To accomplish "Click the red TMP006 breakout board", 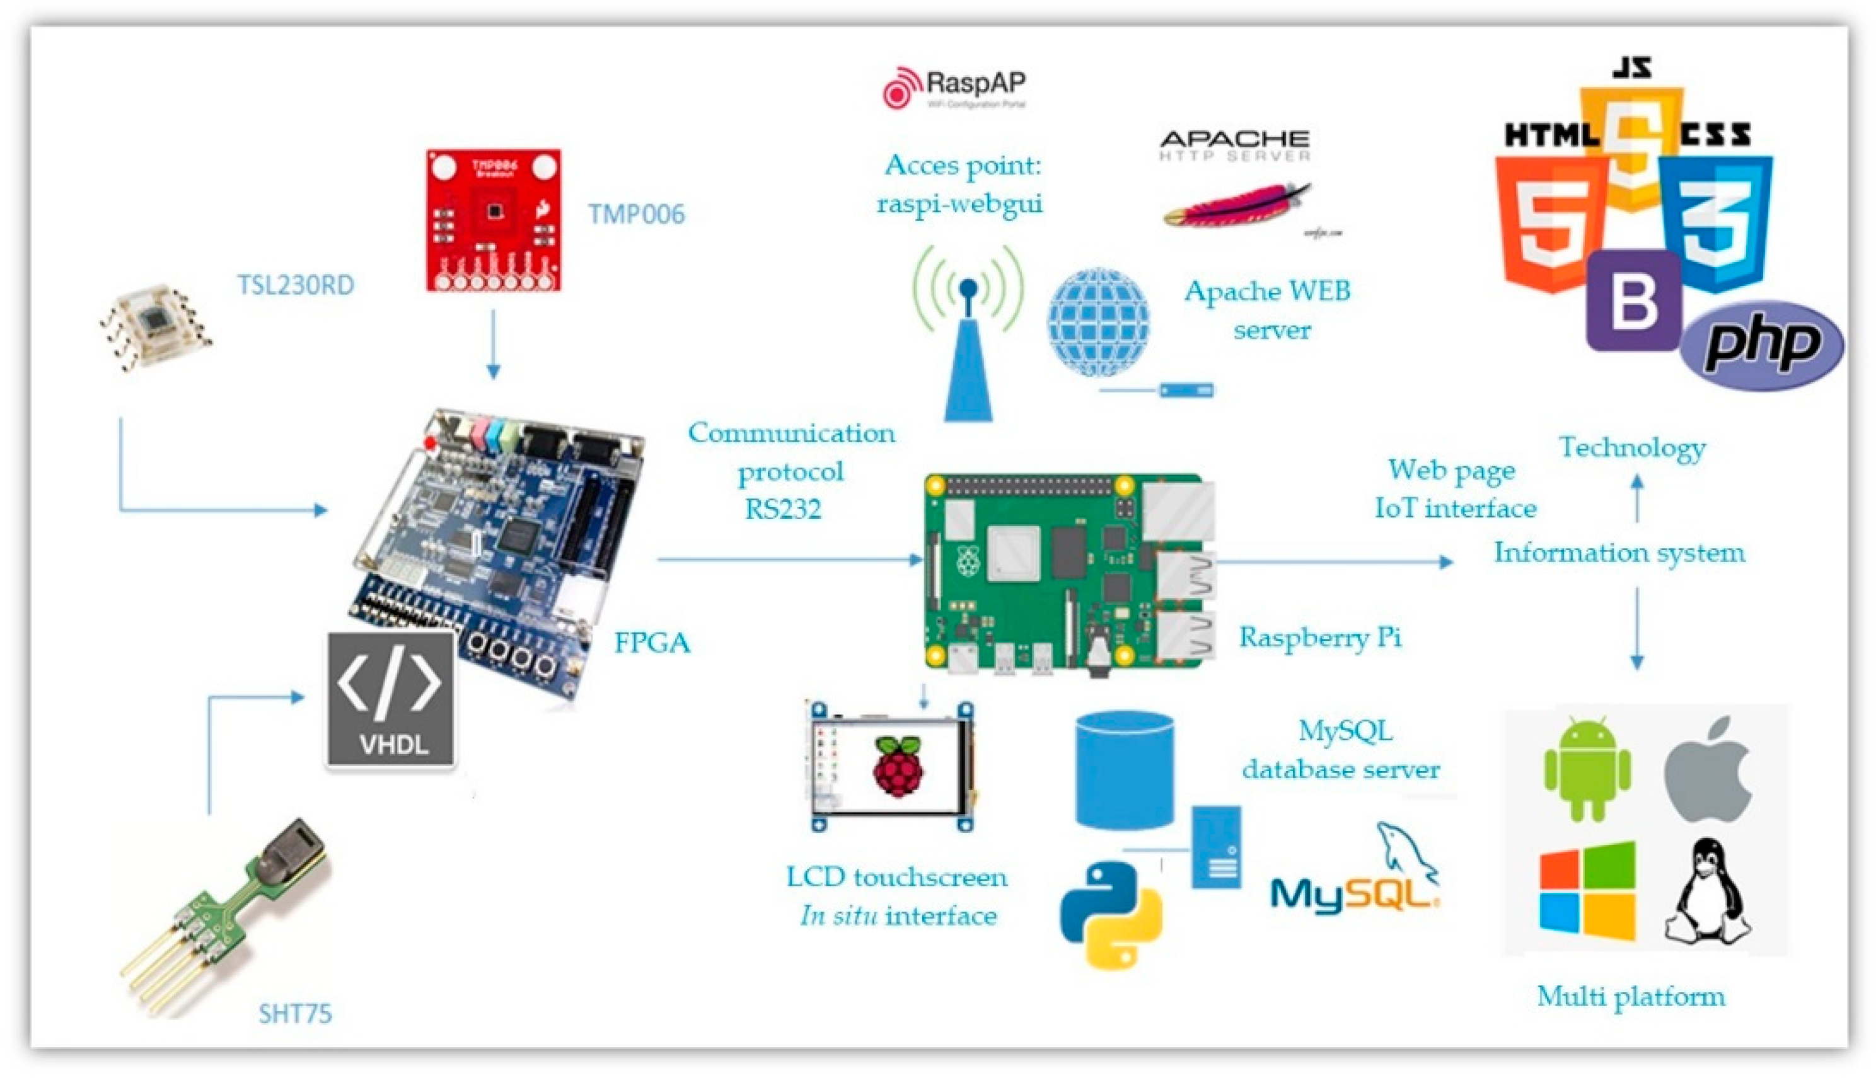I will click(x=493, y=220).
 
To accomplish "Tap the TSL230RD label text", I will click(x=296, y=285).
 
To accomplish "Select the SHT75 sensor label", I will click(x=295, y=1013).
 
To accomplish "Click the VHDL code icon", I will click(x=391, y=700).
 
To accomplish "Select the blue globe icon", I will click(x=1097, y=322).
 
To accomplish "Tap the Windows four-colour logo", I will click(x=1587, y=892).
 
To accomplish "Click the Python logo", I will click(x=1111, y=914).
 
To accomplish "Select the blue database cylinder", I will click(x=1124, y=770).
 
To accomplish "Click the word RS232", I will click(x=783, y=509).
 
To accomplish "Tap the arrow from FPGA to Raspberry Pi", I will click(x=789, y=559).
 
